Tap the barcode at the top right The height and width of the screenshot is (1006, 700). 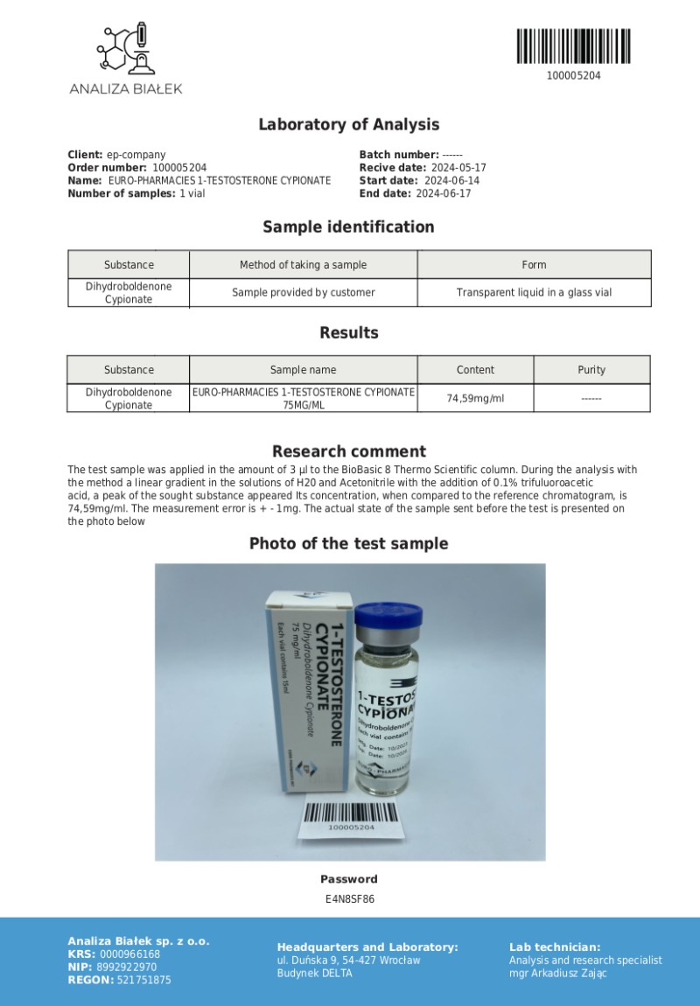click(x=573, y=46)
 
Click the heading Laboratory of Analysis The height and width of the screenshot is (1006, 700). click(x=348, y=124)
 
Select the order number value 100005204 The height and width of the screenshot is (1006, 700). click(x=179, y=168)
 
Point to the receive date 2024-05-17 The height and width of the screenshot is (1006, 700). click(x=458, y=168)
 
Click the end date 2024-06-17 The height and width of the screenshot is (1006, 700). click(x=443, y=193)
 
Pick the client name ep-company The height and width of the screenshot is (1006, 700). click(x=136, y=155)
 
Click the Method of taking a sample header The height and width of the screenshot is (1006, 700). click(x=303, y=265)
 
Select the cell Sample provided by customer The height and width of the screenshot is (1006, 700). click(x=303, y=292)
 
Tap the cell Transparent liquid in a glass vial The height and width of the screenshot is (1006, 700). click(x=534, y=292)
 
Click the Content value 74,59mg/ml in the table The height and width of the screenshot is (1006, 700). click(x=475, y=398)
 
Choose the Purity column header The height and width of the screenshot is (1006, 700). click(x=591, y=370)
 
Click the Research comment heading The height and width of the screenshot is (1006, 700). click(x=348, y=451)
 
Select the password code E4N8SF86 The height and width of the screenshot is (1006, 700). click(x=349, y=898)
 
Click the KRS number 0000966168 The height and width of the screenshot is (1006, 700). click(x=130, y=954)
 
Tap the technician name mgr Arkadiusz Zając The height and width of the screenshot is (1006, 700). click(x=557, y=973)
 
